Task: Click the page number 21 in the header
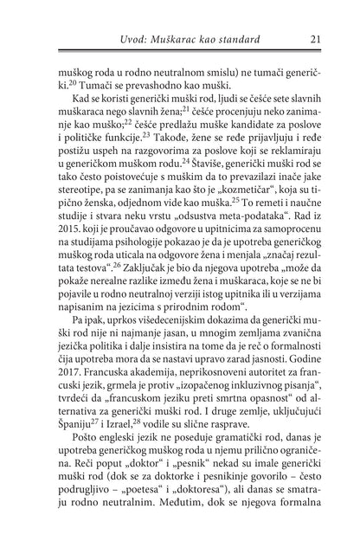tap(316, 39)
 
